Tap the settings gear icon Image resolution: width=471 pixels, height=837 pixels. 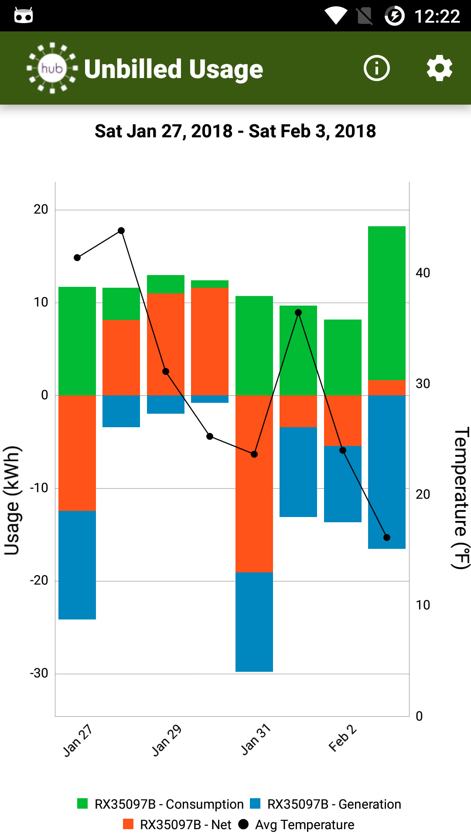439,68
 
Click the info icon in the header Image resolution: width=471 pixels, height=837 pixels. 376,68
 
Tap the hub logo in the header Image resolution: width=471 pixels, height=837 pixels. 52,68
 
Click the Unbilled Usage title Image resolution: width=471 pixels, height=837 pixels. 174,69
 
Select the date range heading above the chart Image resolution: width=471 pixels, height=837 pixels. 235,131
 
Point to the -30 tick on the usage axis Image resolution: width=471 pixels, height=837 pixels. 39,673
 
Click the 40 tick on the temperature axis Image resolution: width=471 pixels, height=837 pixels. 423,273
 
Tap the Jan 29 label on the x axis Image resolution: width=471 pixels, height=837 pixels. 167,740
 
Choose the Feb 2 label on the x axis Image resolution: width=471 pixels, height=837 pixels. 343,738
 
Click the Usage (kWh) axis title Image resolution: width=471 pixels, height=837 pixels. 12,500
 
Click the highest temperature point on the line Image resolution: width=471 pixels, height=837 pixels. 121,231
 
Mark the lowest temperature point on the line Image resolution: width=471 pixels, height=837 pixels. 387,538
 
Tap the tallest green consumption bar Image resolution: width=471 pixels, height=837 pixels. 387,303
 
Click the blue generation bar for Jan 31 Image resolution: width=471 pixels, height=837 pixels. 254,622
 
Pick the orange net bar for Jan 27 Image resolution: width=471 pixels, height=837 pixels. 77,453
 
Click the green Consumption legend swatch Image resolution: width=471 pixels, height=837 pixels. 82,803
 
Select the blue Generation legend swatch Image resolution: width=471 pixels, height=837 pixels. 255,803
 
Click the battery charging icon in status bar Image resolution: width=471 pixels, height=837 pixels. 395,16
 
